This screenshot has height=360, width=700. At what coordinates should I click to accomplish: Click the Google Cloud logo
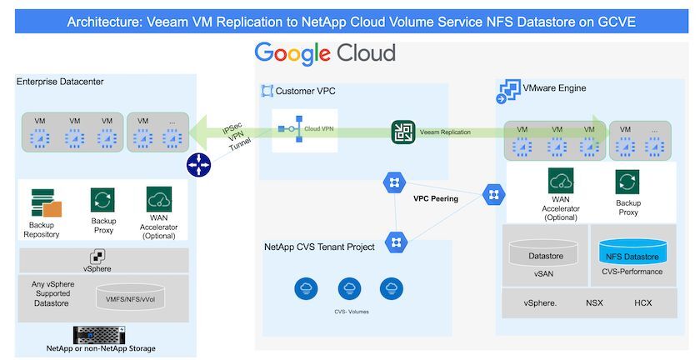tap(325, 53)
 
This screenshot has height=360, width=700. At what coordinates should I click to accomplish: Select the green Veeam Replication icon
tap(403, 132)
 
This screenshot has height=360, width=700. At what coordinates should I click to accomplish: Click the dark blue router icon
tap(198, 165)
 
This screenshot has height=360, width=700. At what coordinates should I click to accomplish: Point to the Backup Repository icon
tap(46, 202)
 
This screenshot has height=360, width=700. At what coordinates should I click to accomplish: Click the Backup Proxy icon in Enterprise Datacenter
tap(102, 200)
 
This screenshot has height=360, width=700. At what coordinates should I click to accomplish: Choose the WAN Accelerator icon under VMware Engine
tap(561, 181)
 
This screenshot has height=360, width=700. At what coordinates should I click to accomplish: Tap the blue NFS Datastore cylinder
tap(632, 252)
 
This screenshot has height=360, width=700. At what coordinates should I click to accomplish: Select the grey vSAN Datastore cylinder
tap(543, 252)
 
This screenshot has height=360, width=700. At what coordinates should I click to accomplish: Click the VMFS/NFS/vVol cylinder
tap(130, 296)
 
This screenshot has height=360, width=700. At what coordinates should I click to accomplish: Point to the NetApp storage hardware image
tap(99, 335)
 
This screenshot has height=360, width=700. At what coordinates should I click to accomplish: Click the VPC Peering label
tap(435, 199)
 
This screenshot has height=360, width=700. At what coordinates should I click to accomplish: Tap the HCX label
tap(642, 302)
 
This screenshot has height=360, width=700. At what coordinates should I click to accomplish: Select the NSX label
tap(594, 302)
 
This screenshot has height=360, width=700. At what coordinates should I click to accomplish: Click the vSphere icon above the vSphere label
tap(97, 257)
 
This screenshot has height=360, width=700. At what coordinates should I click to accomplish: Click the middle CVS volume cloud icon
tap(349, 288)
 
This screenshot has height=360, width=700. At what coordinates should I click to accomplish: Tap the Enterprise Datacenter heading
tap(60, 82)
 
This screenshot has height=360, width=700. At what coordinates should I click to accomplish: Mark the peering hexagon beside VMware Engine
tap(493, 195)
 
